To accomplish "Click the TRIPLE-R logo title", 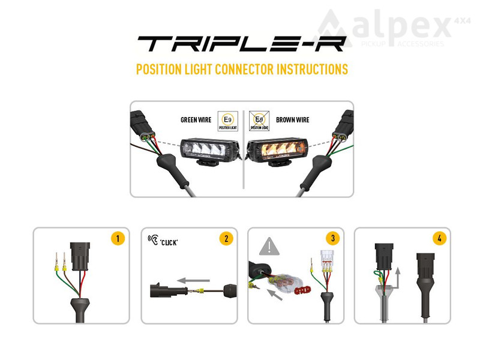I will click(241, 44).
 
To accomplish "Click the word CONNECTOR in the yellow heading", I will click(240, 69).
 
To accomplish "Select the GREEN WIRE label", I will click(196, 120).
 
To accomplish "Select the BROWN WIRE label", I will click(293, 120).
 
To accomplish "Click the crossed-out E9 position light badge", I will click(259, 120).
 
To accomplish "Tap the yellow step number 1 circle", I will click(118, 238).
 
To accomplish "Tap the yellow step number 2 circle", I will click(226, 238).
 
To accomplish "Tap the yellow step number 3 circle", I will click(333, 238).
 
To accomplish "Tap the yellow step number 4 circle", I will click(440, 238).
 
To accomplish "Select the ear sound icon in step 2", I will click(153, 240).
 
